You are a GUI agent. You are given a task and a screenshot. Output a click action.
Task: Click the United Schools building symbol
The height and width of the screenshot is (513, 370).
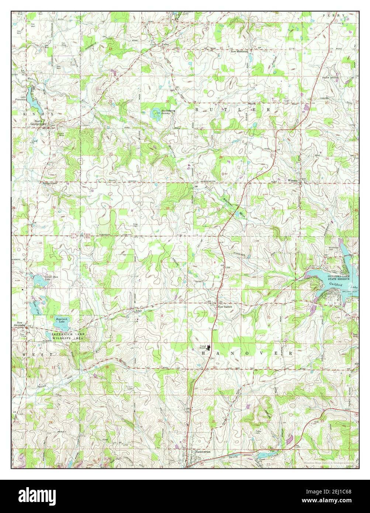click(209, 346)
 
